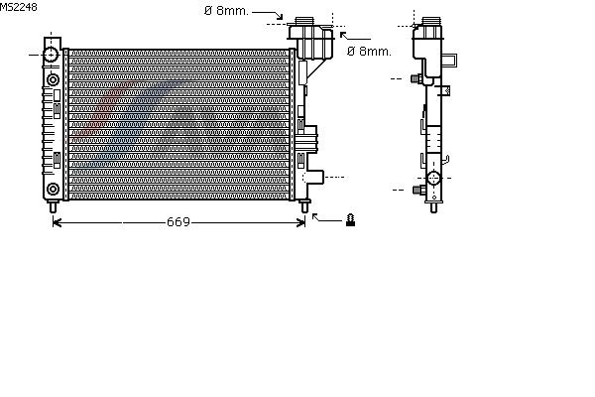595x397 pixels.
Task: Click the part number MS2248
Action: (18, 7)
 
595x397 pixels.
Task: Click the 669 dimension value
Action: (178, 222)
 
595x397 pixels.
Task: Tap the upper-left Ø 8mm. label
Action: (226, 11)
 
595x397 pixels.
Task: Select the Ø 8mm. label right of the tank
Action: (369, 52)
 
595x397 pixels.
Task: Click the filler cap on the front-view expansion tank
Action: (304, 21)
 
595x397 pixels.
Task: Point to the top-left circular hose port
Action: (51, 55)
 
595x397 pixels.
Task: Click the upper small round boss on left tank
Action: (53, 80)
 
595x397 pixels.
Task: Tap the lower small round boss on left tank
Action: (53, 189)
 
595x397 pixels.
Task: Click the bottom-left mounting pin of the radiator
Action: (53, 206)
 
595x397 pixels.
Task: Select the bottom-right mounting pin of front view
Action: (304, 206)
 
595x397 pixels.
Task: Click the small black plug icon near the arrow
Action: (351, 220)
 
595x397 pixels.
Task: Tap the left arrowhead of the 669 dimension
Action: (57, 222)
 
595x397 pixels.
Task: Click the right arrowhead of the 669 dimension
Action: (300, 222)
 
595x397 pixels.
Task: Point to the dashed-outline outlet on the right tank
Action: (313, 177)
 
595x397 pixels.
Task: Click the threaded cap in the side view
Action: (431, 21)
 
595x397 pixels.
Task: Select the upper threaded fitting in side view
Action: (417, 79)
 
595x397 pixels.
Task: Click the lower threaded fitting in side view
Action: (418, 190)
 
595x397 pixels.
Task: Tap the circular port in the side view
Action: (433, 178)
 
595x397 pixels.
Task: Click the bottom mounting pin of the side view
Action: (433, 207)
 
